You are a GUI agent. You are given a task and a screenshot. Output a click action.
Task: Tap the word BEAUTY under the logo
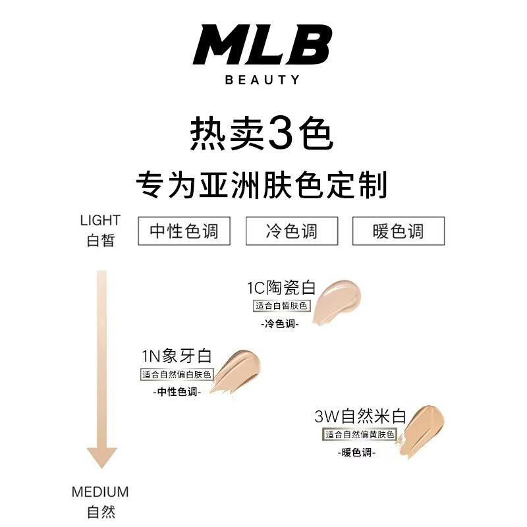point(263,80)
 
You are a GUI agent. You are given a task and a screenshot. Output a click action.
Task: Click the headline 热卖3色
point(262,132)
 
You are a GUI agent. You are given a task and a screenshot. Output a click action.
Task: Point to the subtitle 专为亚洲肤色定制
point(262,185)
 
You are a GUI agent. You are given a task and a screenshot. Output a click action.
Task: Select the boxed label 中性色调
point(184,231)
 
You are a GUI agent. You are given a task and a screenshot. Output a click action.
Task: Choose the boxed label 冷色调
point(291,231)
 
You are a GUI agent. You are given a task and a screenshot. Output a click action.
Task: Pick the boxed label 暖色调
point(399,231)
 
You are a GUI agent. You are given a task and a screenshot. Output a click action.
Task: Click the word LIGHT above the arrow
point(100,220)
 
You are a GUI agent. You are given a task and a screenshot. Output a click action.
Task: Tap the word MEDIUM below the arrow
point(100,492)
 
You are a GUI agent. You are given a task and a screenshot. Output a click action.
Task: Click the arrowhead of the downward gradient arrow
point(101,456)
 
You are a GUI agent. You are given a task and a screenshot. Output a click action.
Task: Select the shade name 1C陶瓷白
point(282,288)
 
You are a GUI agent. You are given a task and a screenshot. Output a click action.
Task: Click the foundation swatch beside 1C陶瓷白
point(336,302)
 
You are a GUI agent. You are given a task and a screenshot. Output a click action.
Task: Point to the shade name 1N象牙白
point(177,357)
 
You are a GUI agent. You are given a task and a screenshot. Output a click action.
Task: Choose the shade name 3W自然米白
point(360,417)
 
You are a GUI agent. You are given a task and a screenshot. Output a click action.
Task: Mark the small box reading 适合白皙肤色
point(282,306)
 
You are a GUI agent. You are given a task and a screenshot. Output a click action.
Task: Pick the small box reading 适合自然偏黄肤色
point(359,435)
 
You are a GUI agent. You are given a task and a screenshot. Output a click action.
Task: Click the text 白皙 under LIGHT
point(100,240)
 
